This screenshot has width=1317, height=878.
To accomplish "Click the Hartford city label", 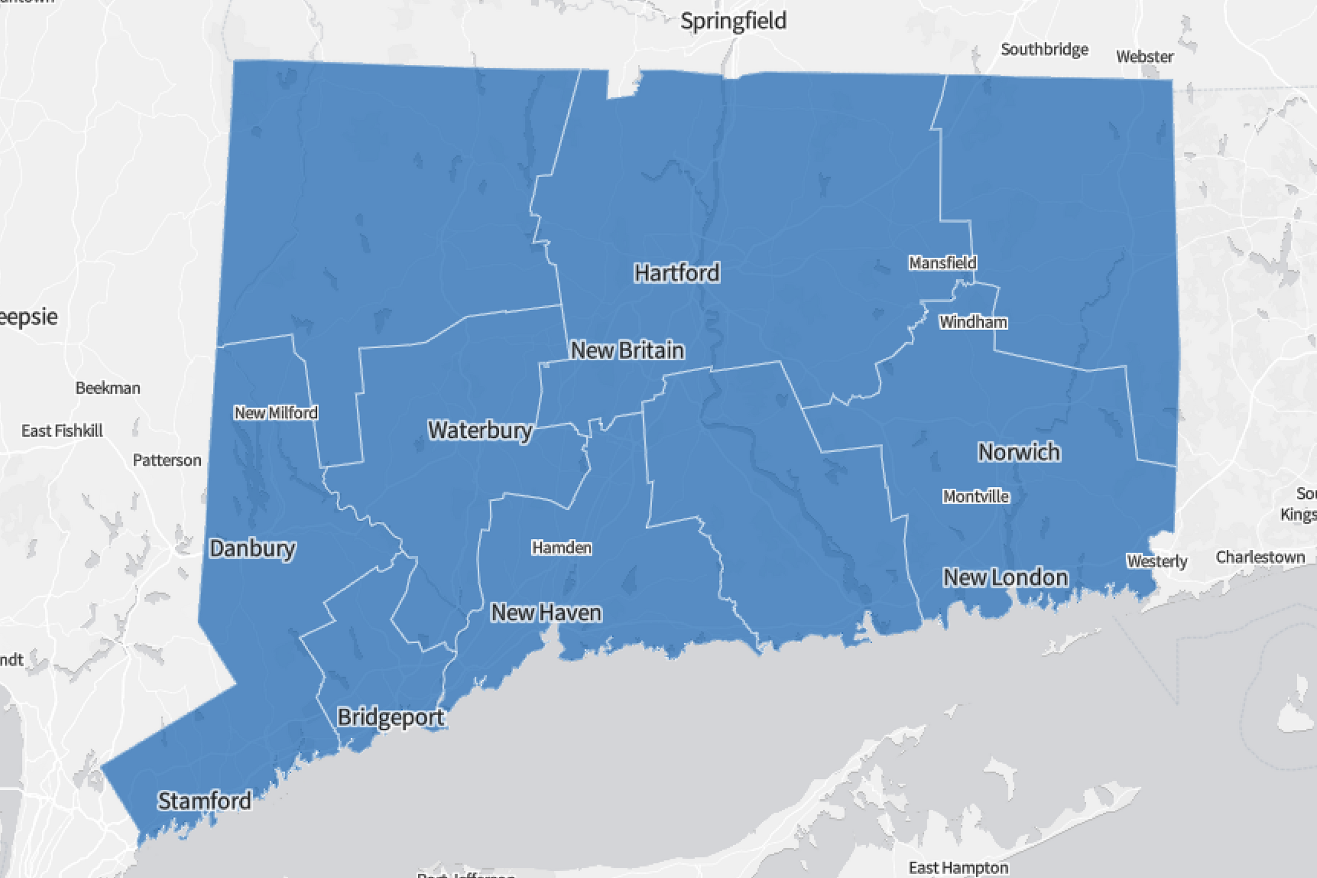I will click(x=677, y=273).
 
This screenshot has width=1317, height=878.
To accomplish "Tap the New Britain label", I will click(x=628, y=351).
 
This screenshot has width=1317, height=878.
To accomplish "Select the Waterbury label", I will click(x=480, y=430).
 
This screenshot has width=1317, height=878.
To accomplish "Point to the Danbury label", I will click(x=253, y=549).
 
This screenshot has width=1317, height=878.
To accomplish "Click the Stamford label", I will click(x=204, y=801).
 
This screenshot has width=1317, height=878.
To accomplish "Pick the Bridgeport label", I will click(x=390, y=717).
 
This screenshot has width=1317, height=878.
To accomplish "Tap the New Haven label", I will click(x=547, y=613).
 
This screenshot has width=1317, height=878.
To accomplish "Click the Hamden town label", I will click(x=561, y=548).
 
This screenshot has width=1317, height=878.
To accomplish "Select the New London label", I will click(x=1006, y=578).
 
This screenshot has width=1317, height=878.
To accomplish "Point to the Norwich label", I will click(x=1019, y=452).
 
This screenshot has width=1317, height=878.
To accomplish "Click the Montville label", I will click(x=976, y=497).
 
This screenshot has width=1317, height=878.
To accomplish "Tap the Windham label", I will click(x=973, y=322).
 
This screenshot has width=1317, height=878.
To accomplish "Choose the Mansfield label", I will click(x=943, y=263).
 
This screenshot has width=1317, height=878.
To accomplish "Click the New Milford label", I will click(x=276, y=413).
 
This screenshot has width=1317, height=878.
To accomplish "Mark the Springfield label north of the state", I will click(x=734, y=21).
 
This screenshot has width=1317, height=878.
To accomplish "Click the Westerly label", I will click(x=1157, y=562).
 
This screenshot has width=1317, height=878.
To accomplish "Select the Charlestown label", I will click(x=1260, y=558).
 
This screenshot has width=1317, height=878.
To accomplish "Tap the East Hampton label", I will click(x=958, y=868).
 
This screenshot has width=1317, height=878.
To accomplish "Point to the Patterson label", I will click(x=167, y=461).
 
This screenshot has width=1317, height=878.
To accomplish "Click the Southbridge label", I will click(x=1044, y=50).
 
